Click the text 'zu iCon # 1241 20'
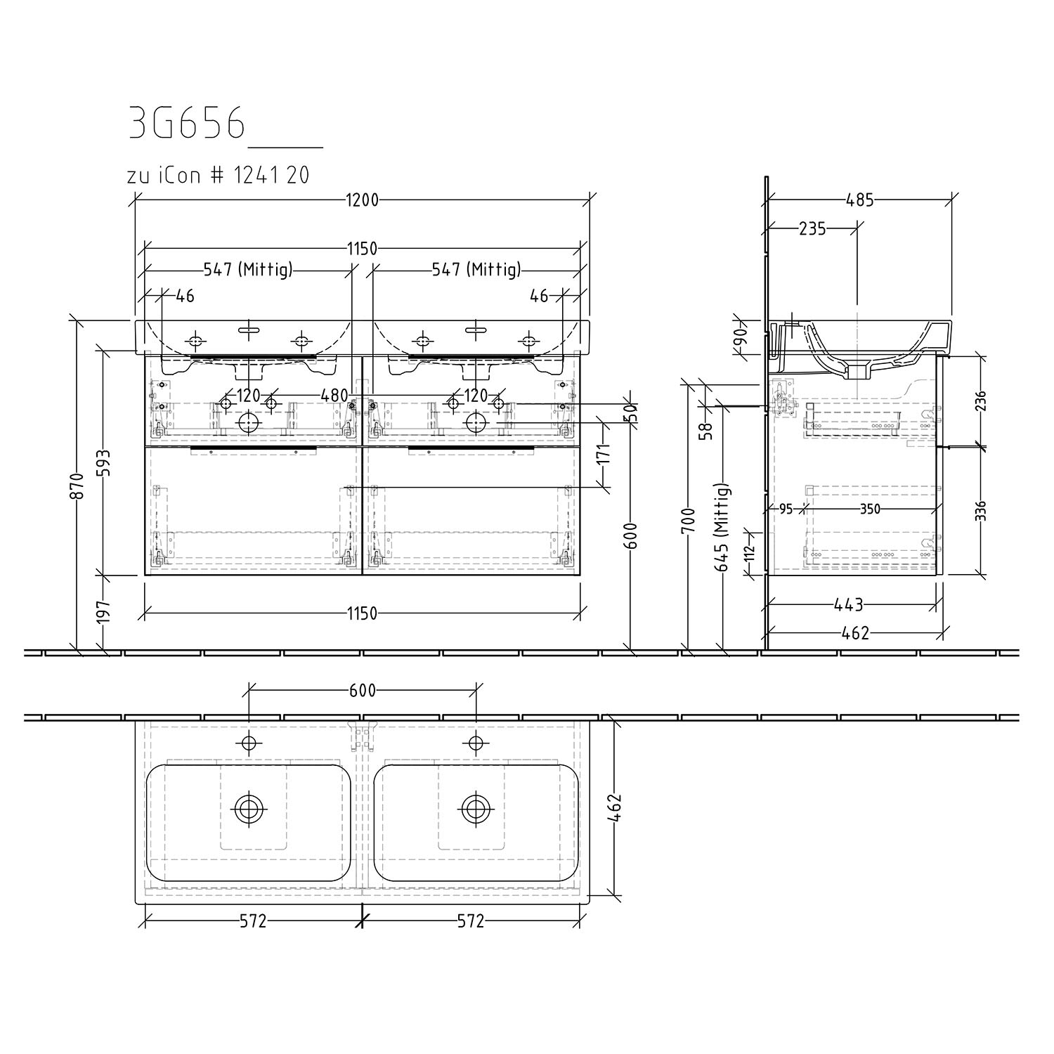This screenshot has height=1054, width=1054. pos(218,175)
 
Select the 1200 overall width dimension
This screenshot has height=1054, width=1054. pos(362,200)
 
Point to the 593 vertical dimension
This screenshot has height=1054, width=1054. pos(104,463)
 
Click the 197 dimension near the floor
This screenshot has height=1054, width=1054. pos(104,612)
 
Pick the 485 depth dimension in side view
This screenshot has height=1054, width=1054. pos(860,200)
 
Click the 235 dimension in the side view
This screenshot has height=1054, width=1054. pos(812,228)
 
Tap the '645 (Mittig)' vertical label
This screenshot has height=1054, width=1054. pos(723,527)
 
